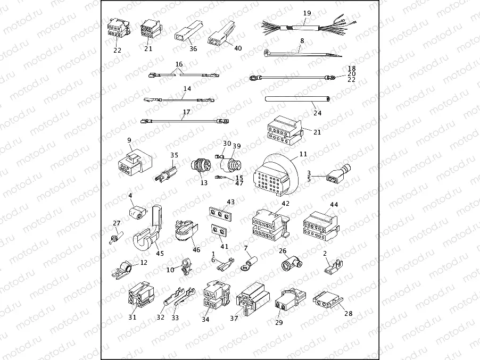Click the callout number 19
click(307, 13)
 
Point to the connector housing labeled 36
click(185, 35)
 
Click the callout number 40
click(238, 48)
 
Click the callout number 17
click(186, 112)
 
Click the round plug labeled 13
click(201, 166)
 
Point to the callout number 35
click(173, 155)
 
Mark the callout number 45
click(160, 253)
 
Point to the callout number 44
click(334, 204)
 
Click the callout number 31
click(132, 317)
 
